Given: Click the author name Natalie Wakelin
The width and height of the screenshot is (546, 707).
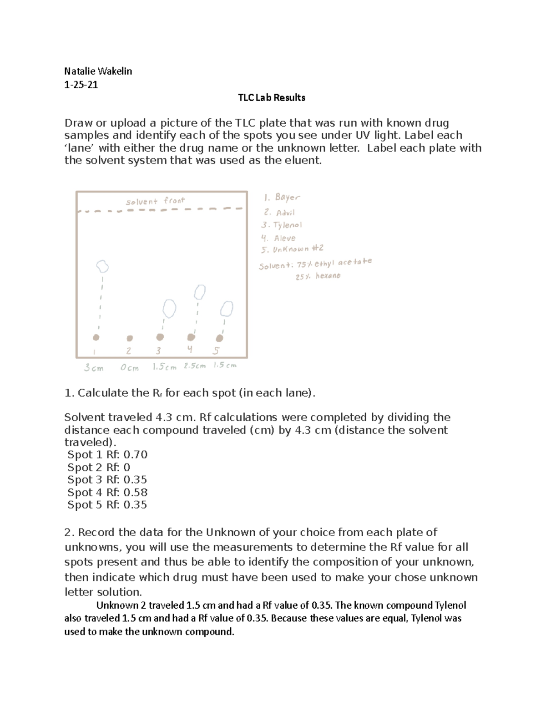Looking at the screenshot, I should (x=98, y=71).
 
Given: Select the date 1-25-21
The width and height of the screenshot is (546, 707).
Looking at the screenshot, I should (x=81, y=85).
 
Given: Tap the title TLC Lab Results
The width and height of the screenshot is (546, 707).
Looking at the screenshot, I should (x=272, y=97).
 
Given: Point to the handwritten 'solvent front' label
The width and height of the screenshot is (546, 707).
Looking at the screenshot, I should (x=155, y=201).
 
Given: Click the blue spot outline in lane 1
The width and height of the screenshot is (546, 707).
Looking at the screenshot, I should (x=102, y=265).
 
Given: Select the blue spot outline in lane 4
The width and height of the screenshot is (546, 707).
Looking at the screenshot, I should (x=199, y=292).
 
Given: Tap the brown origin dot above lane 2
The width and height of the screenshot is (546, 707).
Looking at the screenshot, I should (x=130, y=338).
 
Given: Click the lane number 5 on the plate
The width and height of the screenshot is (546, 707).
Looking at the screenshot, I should (x=216, y=351).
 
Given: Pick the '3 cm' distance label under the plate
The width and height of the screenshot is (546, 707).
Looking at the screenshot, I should (x=94, y=368).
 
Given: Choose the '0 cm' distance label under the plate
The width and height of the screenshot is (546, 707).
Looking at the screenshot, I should (x=130, y=368).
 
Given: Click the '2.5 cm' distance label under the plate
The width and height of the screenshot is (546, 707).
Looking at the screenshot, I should (x=195, y=366).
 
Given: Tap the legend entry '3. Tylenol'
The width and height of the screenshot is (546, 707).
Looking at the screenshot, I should (x=282, y=225).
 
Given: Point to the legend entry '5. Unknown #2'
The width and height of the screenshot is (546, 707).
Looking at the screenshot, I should (x=292, y=249).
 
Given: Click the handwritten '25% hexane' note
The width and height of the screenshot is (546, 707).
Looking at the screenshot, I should (x=318, y=276).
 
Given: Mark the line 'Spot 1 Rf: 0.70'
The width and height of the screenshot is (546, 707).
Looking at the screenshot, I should (x=107, y=455).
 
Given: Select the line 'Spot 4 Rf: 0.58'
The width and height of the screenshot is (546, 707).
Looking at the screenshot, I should (x=107, y=492).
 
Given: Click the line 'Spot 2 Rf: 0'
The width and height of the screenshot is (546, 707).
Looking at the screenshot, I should (x=99, y=468).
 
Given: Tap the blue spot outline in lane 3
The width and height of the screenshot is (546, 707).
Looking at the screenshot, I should (x=169, y=308).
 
